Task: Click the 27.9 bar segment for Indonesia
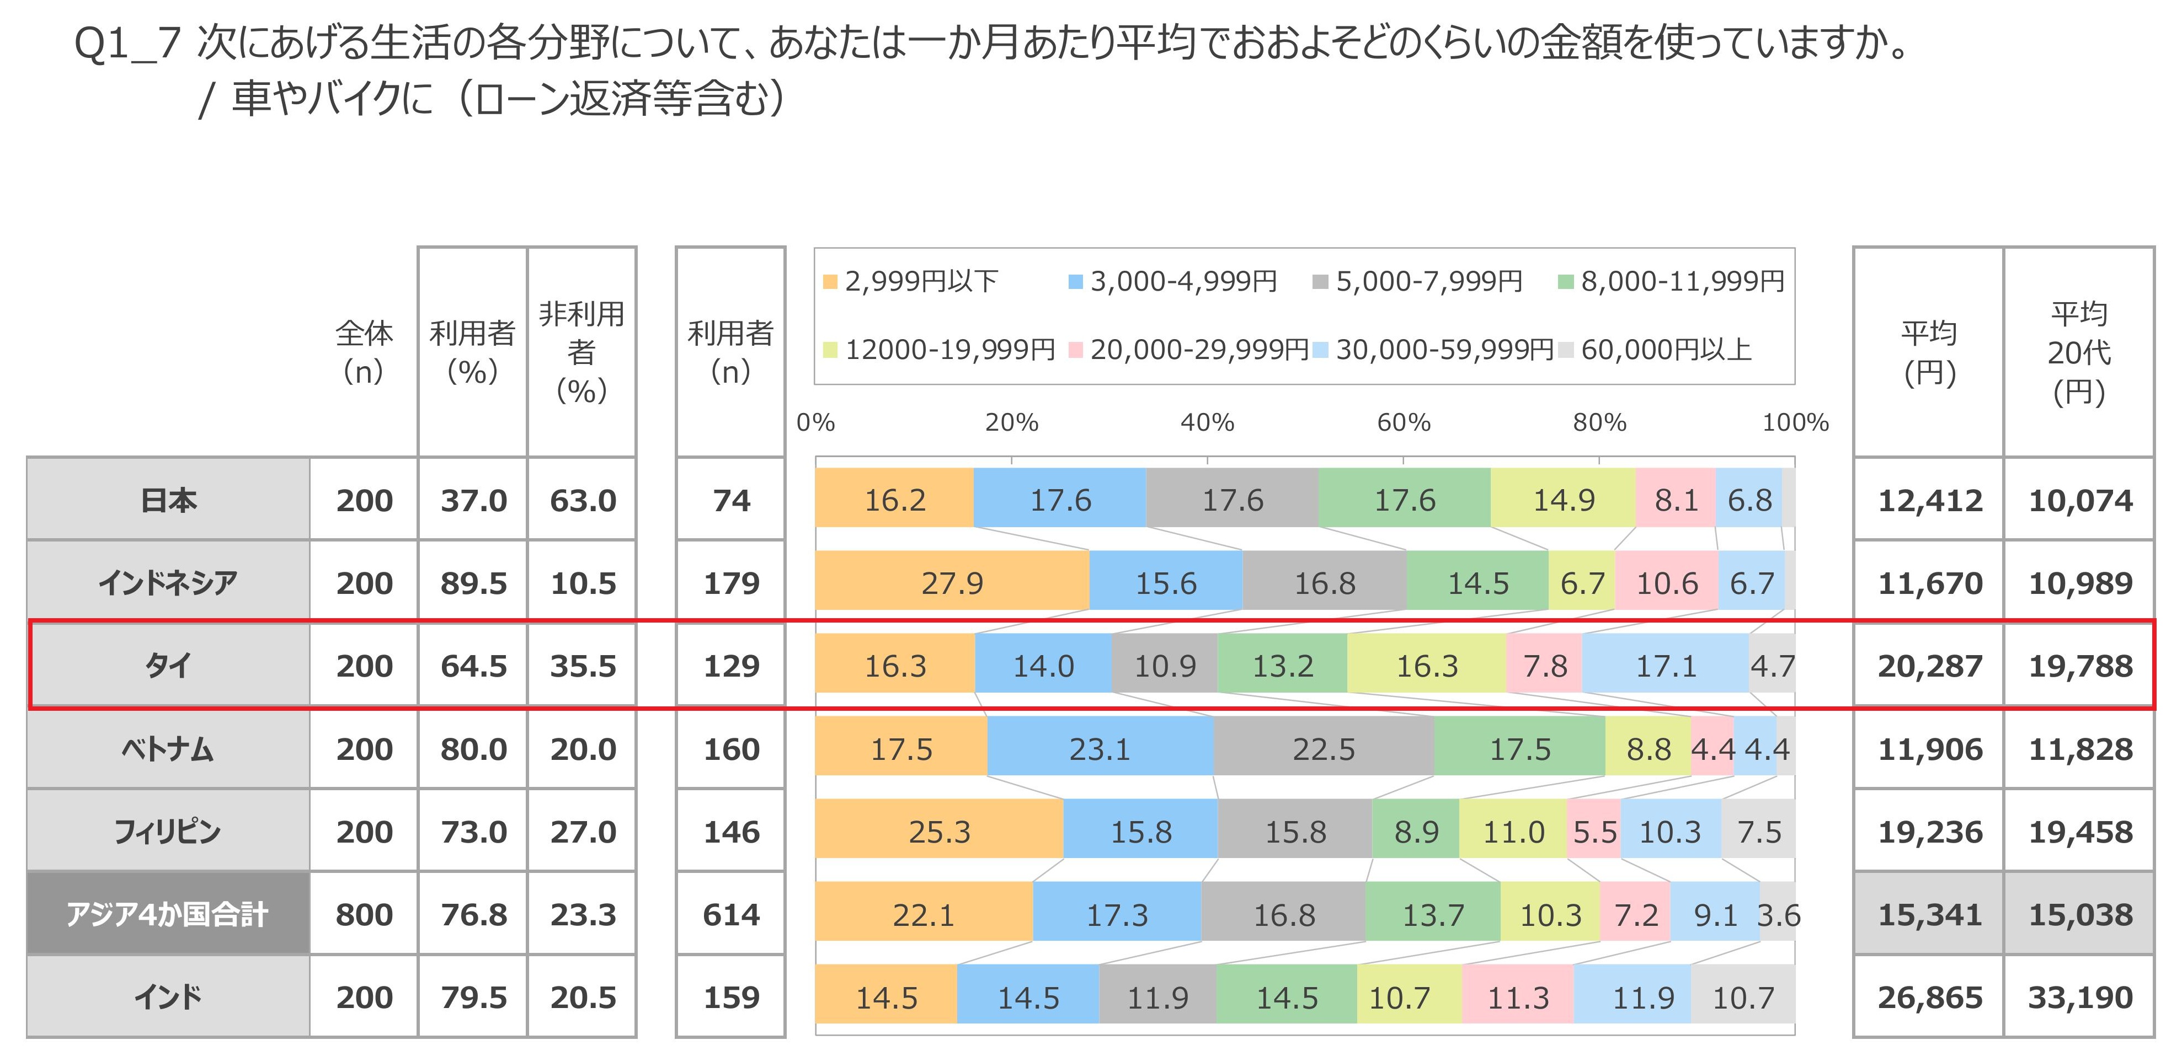[x=952, y=583]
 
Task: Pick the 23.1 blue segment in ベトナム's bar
[x=1100, y=749]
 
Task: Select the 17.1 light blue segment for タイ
[x=1665, y=666]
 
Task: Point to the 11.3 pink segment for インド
[x=1518, y=997]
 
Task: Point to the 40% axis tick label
[x=1207, y=422]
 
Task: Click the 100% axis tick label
[x=1795, y=422]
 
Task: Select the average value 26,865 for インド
[x=1929, y=997]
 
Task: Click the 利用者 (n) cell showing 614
[x=731, y=915]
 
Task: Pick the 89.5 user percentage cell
[x=473, y=583]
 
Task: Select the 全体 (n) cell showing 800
[x=364, y=915]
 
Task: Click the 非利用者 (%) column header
[x=582, y=351]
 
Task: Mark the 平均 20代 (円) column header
[x=2079, y=351]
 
